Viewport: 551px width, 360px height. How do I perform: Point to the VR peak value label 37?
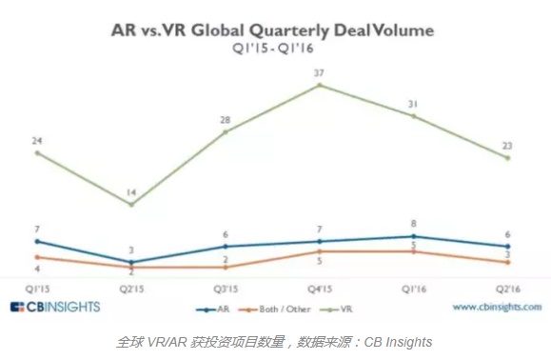click(x=319, y=71)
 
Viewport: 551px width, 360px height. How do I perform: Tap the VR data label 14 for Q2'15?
click(x=130, y=191)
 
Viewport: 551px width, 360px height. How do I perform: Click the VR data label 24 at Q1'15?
click(x=36, y=140)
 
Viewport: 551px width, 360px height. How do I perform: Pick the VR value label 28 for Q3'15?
click(x=225, y=120)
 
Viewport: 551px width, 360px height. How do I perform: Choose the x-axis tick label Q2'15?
click(x=130, y=287)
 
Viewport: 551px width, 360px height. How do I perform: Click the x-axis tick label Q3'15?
click(x=225, y=287)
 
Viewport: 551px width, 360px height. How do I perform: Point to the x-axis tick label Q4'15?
click(x=319, y=287)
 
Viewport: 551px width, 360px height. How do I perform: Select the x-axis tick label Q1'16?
click(x=413, y=287)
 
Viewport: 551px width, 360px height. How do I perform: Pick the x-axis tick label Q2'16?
click(x=507, y=287)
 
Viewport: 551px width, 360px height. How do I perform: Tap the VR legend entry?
click(x=340, y=310)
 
